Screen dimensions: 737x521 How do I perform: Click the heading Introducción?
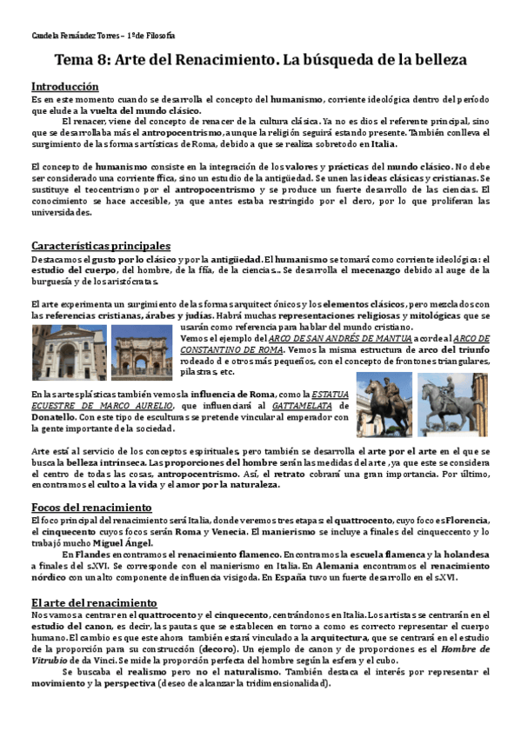64,87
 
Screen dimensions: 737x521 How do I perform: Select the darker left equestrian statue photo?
384,405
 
